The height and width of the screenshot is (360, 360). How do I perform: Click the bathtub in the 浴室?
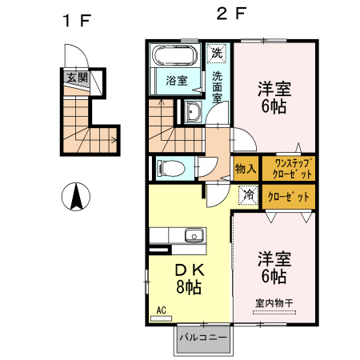point(174,58)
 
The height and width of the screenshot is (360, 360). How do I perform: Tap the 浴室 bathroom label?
point(176,81)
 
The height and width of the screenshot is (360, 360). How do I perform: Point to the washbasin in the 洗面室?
point(194,112)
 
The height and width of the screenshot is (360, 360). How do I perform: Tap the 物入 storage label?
point(245,169)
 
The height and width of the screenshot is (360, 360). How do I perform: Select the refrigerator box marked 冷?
point(249,194)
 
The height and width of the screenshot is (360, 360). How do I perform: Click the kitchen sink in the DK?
point(193,236)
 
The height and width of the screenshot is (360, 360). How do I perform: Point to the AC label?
point(160,309)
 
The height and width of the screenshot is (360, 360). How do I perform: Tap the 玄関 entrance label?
point(77,78)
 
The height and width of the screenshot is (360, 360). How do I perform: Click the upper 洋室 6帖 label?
point(274,96)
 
